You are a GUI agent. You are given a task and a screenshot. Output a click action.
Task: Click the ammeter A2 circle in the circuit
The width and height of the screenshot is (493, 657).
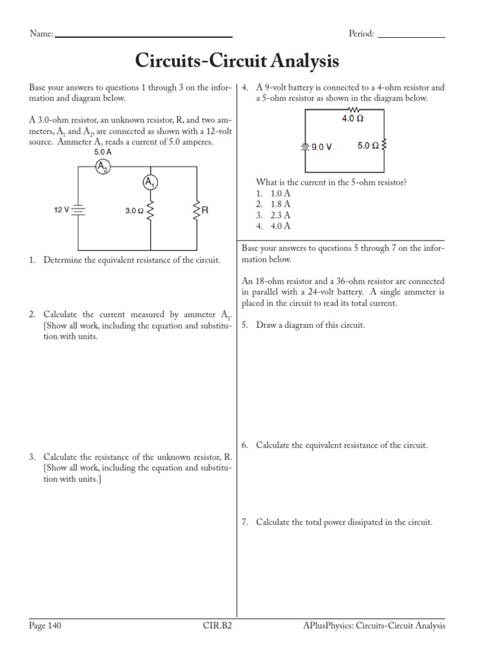(x=103, y=167)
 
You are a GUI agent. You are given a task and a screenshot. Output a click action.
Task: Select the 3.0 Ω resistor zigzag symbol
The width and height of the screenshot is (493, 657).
(x=150, y=210)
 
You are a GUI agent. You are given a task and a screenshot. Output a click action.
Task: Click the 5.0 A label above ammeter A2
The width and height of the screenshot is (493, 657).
(x=103, y=153)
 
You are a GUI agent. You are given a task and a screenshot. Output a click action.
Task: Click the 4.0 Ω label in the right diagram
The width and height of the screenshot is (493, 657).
(x=352, y=119)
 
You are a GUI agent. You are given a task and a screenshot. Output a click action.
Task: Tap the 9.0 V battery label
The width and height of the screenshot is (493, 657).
(x=321, y=146)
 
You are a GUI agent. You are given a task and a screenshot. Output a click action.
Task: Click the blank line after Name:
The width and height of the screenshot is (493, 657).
(x=144, y=36)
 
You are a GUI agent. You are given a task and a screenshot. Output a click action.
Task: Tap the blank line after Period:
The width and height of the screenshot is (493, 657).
(x=411, y=36)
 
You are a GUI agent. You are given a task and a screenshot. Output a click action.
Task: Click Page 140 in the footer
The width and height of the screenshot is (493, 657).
(x=46, y=626)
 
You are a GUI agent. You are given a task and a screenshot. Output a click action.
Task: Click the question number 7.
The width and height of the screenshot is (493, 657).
(x=245, y=522)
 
